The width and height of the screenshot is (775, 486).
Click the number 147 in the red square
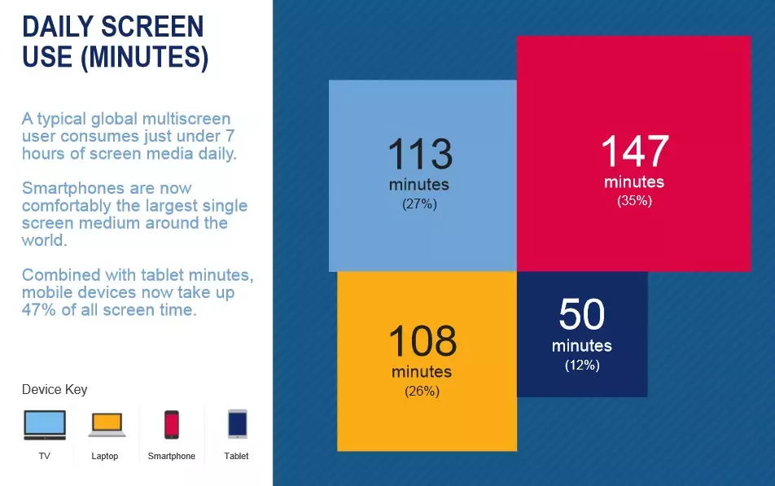[635, 151]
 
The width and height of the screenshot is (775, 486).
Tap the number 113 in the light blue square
[420, 154]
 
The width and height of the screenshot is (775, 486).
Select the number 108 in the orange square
[423, 340]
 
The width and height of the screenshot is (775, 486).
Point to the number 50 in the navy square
[582, 314]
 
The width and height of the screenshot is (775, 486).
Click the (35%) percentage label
[634, 201]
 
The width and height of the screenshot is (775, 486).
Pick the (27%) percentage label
[419, 204]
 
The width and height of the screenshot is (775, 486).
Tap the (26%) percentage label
[422, 392]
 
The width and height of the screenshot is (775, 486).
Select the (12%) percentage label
[582, 366]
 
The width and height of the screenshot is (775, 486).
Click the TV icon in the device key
[45, 425]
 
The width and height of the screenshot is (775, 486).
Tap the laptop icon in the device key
[107, 425]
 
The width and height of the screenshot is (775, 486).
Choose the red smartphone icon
[172, 425]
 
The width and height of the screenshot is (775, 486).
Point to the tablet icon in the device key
[237, 424]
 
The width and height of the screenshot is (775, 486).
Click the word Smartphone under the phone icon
[172, 456]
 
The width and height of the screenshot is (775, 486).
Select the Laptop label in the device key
[105, 456]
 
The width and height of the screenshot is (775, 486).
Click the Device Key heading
[55, 390]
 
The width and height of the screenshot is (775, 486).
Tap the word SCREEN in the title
[152, 27]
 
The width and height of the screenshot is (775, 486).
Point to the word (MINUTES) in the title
[144, 57]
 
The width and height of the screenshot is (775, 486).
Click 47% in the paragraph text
[38, 310]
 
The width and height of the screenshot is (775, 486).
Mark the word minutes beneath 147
[634, 182]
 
